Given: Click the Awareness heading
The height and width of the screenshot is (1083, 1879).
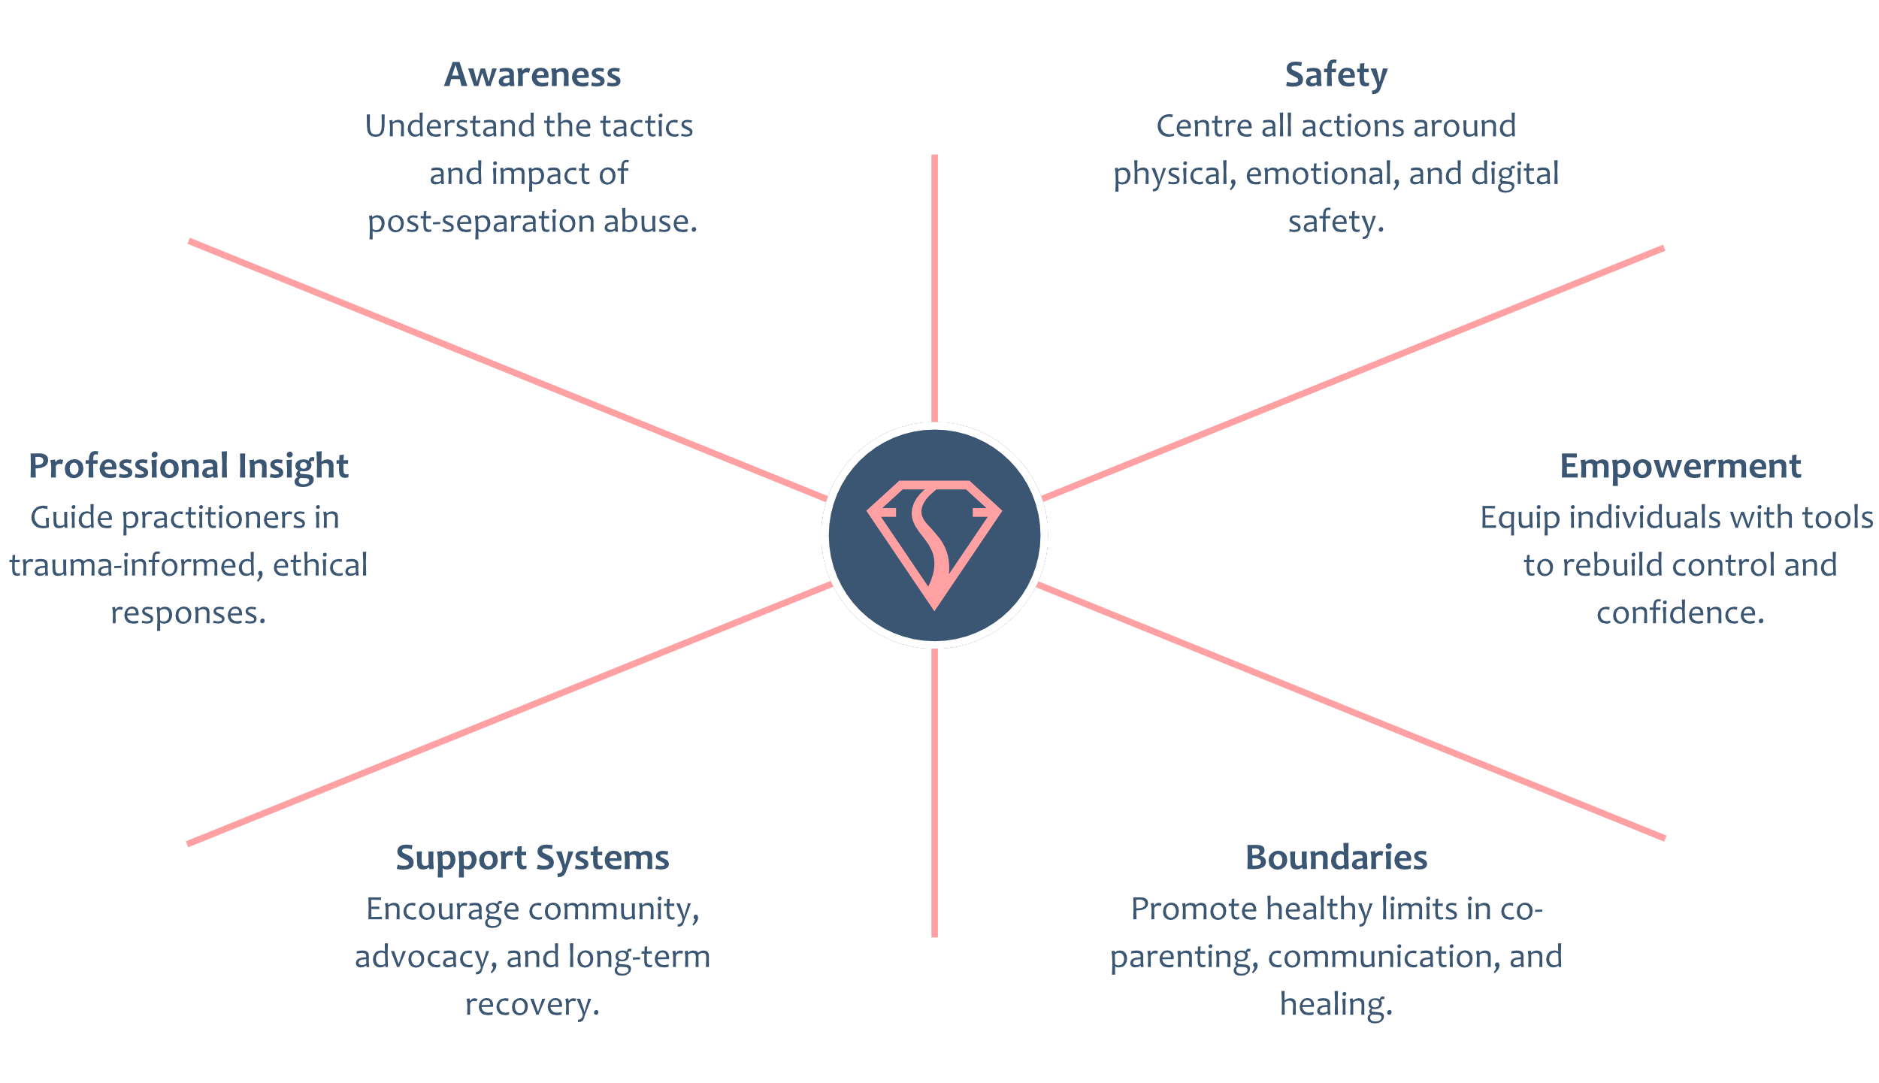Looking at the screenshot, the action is click(x=532, y=74).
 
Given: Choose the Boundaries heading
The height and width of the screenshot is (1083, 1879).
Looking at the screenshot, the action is click(x=1336, y=858).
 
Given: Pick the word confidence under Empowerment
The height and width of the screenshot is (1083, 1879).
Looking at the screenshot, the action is click(x=1680, y=613).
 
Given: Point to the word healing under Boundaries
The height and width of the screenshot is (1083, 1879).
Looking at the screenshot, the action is click(x=1336, y=1005).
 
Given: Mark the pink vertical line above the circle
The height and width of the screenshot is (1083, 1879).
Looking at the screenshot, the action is click(x=934, y=288).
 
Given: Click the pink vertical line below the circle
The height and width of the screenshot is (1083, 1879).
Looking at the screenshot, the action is click(x=934, y=793).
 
